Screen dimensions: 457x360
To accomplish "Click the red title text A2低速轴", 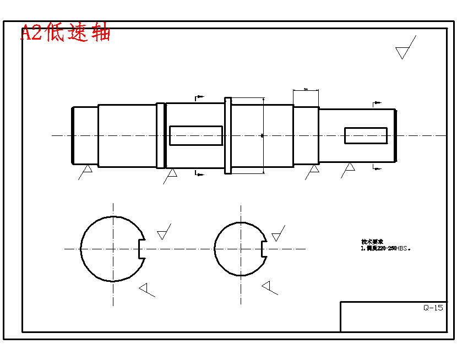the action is point(66,32).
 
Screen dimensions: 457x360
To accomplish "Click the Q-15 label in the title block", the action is point(433,308).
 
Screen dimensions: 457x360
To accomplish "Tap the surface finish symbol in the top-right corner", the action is point(404,51).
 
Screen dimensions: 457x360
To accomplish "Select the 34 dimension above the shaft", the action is point(306,89).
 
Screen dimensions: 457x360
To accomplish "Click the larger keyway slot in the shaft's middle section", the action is point(195,135).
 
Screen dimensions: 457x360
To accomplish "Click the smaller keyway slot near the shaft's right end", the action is point(366,135).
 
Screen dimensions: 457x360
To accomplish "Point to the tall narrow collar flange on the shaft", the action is point(228,135).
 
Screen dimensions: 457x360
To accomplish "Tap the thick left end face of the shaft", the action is point(73,135).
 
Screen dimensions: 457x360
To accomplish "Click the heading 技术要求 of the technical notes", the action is point(372,242).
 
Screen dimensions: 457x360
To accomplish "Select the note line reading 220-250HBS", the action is point(385,248).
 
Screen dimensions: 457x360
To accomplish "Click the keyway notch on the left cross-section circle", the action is point(141,249).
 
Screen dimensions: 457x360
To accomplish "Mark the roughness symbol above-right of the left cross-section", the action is point(163,233).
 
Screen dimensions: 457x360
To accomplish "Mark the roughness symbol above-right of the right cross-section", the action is point(277,235).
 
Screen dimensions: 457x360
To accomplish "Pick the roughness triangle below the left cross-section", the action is point(145,288).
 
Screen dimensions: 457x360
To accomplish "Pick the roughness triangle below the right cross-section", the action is point(268,286).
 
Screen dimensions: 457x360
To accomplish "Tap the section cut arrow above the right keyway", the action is point(377,103).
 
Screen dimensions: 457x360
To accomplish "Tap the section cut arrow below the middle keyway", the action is point(199,174).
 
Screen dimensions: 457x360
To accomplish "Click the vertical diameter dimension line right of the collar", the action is point(264,135).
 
